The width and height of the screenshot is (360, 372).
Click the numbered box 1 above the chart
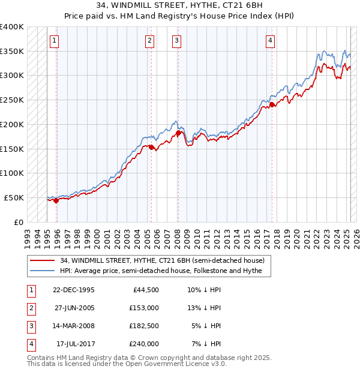(54, 41)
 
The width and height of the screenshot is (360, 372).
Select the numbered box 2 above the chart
(149, 41)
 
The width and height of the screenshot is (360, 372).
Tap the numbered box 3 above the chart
(177, 41)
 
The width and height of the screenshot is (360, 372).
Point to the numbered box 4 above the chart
(271, 41)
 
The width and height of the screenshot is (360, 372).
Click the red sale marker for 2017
(272, 105)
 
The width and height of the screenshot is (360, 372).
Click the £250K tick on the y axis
(12, 100)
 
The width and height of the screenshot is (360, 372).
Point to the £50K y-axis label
(14, 197)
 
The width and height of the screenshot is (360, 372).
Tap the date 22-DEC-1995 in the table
(73, 290)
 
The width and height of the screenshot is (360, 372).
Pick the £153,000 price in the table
(144, 308)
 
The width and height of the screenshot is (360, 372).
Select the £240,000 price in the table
(144, 344)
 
